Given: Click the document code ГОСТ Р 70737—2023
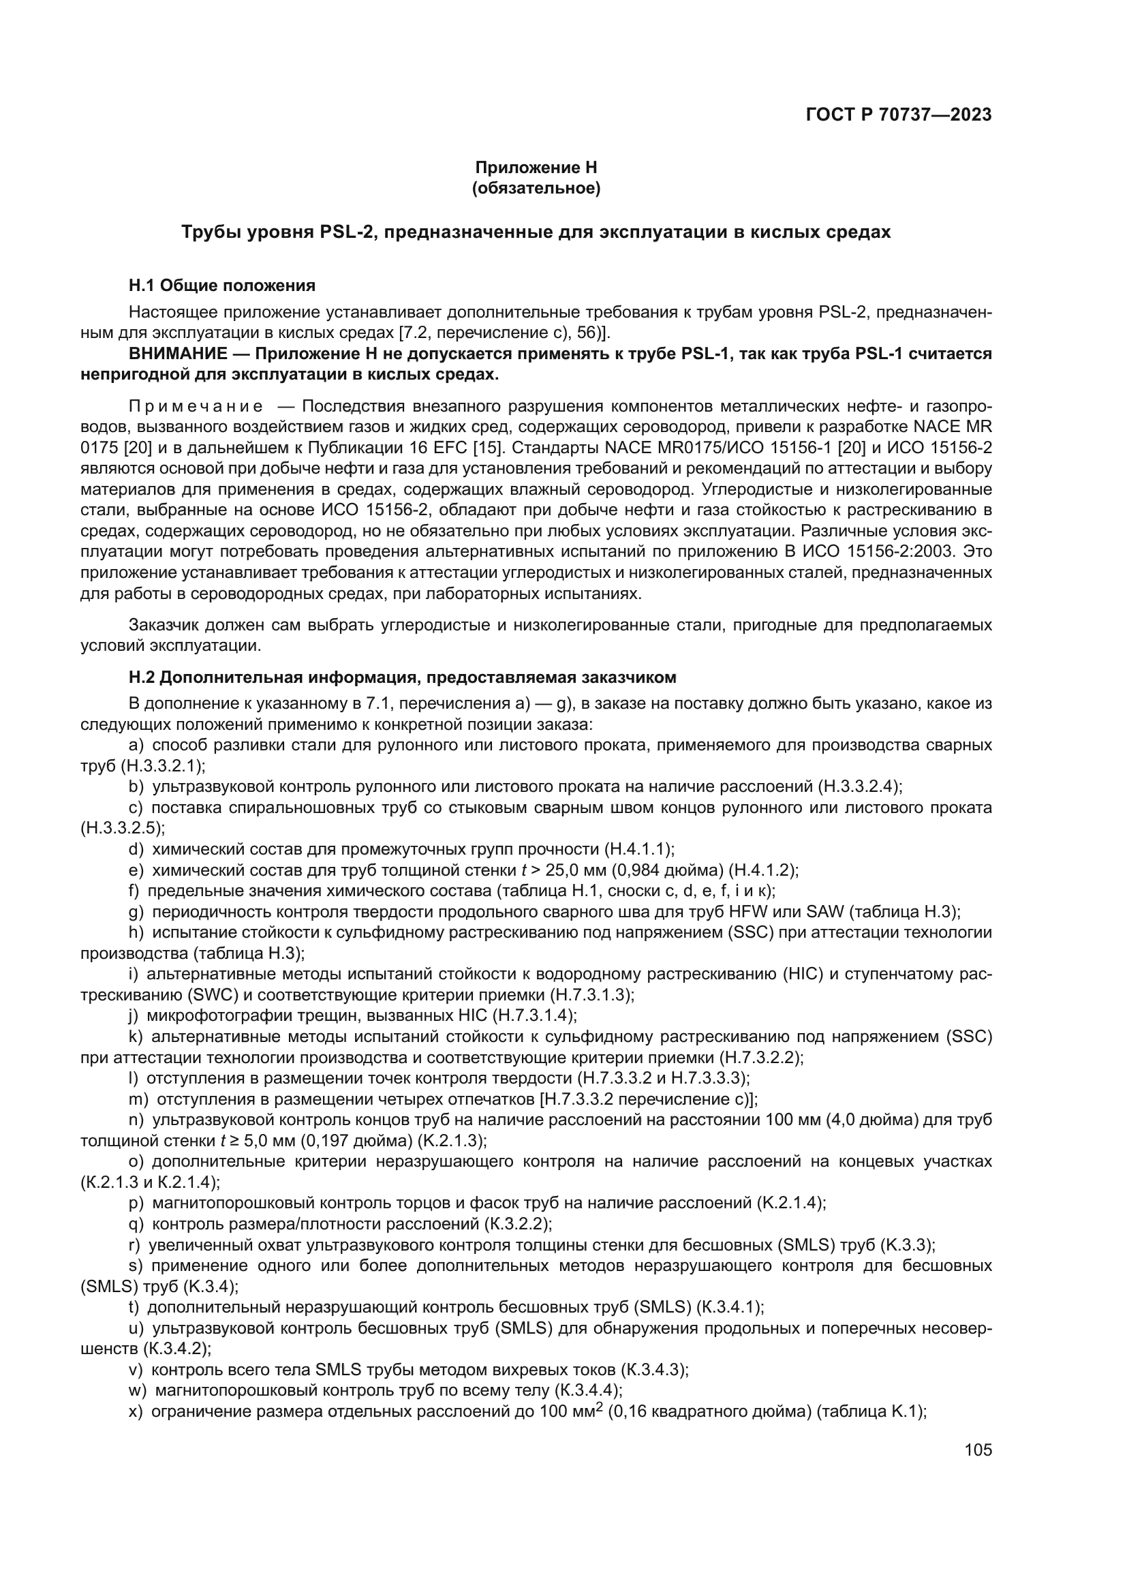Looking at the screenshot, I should click(898, 114).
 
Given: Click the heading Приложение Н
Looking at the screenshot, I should click(536, 168).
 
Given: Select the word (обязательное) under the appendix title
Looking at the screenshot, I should click(536, 188).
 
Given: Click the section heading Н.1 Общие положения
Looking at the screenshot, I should click(222, 286).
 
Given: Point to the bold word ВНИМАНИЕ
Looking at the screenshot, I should click(178, 354).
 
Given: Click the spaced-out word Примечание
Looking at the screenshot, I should click(196, 406).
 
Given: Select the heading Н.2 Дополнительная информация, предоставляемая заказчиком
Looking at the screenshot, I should click(403, 677).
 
